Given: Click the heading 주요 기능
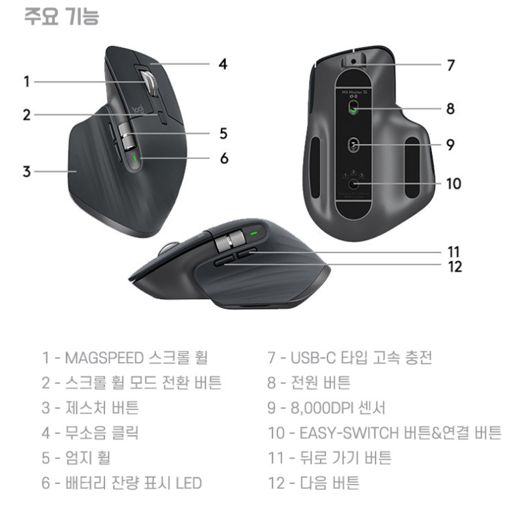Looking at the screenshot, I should [61, 16].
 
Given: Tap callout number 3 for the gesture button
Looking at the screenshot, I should [26, 171].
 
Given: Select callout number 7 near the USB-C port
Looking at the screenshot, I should [450, 65].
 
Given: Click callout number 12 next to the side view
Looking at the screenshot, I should [455, 267].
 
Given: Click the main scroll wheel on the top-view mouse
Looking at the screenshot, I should [149, 84].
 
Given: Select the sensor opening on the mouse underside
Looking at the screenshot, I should [354, 145].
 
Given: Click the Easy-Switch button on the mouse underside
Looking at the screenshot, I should [354, 184].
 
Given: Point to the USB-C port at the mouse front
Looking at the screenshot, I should [353, 60].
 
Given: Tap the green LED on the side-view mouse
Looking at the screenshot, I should [254, 234].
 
